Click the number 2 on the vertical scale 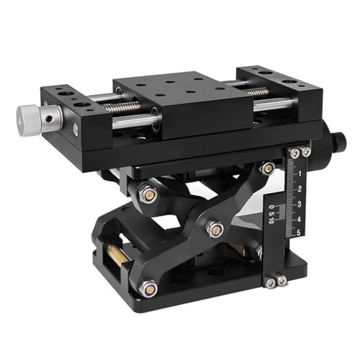coord(299,189)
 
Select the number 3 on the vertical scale coord(299,204)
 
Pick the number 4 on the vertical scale coord(299,217)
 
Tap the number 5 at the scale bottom coord(299,232)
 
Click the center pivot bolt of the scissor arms coord(214,230)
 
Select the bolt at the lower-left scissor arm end coord(148,288)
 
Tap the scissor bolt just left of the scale coord(267,169)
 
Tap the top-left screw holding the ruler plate coord(294,153)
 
